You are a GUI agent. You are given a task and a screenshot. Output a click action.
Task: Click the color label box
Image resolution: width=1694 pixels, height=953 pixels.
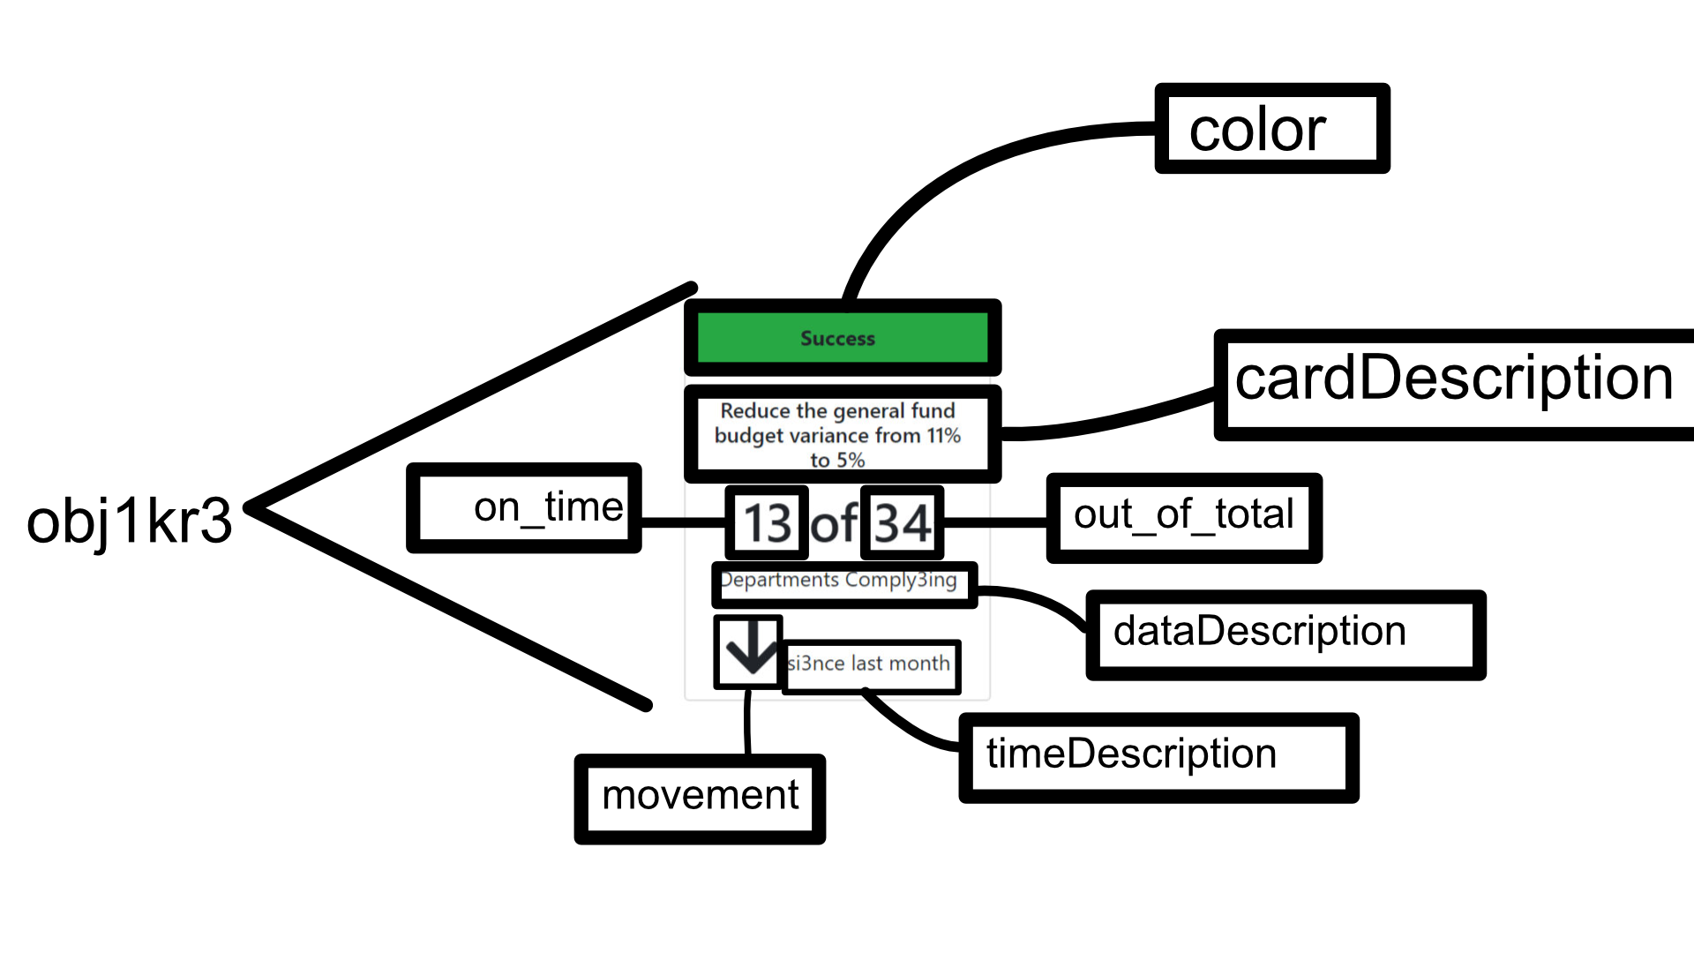1271,129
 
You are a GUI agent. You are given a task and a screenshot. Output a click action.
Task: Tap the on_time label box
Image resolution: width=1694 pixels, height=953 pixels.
524,508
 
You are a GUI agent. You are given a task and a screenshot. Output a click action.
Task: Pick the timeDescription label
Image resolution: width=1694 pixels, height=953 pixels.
1158,757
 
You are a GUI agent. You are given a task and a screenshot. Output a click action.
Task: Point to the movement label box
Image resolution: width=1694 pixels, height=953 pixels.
700,798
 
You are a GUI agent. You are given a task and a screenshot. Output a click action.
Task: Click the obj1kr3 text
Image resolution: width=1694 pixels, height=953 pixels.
129,521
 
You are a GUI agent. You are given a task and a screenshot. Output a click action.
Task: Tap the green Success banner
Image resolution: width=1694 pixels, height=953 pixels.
842,338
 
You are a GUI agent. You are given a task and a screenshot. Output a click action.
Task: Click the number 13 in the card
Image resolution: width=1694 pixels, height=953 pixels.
767,522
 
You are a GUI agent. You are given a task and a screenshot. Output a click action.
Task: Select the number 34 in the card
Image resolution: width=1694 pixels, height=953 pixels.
902,522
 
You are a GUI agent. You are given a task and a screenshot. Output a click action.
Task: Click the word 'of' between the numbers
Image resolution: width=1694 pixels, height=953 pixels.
834,524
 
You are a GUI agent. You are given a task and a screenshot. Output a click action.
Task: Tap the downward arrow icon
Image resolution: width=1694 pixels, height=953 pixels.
749,651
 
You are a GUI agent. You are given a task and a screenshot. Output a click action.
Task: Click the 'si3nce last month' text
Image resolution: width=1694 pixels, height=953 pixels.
869,664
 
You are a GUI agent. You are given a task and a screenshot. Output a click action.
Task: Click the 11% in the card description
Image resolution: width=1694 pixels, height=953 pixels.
943,436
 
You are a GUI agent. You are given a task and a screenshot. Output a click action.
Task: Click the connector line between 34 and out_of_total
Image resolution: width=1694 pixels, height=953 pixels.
995,522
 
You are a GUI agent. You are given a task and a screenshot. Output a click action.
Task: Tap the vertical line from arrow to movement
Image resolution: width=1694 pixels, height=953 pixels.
747,722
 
